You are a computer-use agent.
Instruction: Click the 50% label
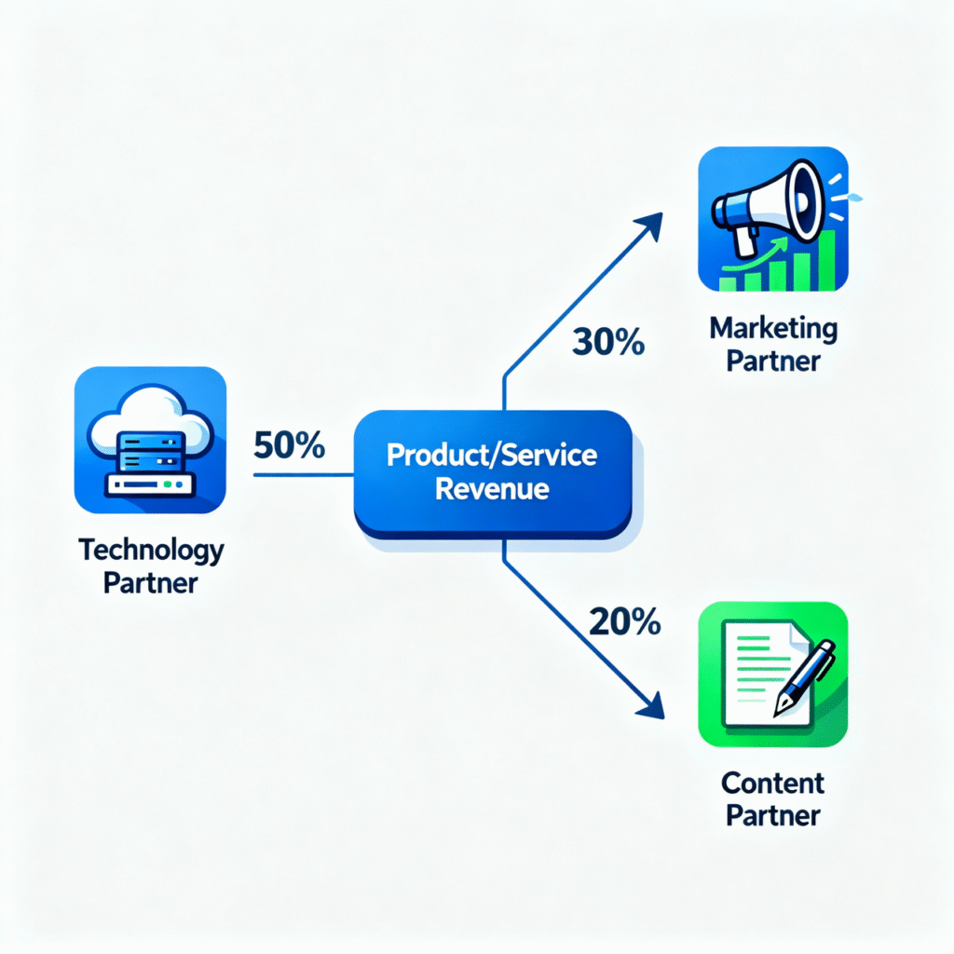(289, 446)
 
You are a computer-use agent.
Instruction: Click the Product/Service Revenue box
(493, 474)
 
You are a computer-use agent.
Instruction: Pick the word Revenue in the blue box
(493, 489)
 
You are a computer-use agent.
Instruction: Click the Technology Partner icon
(150, 441)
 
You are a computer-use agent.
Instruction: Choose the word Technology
(151, 550)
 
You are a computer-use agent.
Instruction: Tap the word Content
(772, 783)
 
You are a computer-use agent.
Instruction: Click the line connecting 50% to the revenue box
(304, 475)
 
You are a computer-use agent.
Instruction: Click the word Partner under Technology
(151, 584)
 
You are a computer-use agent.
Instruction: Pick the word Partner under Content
(772, 816)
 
